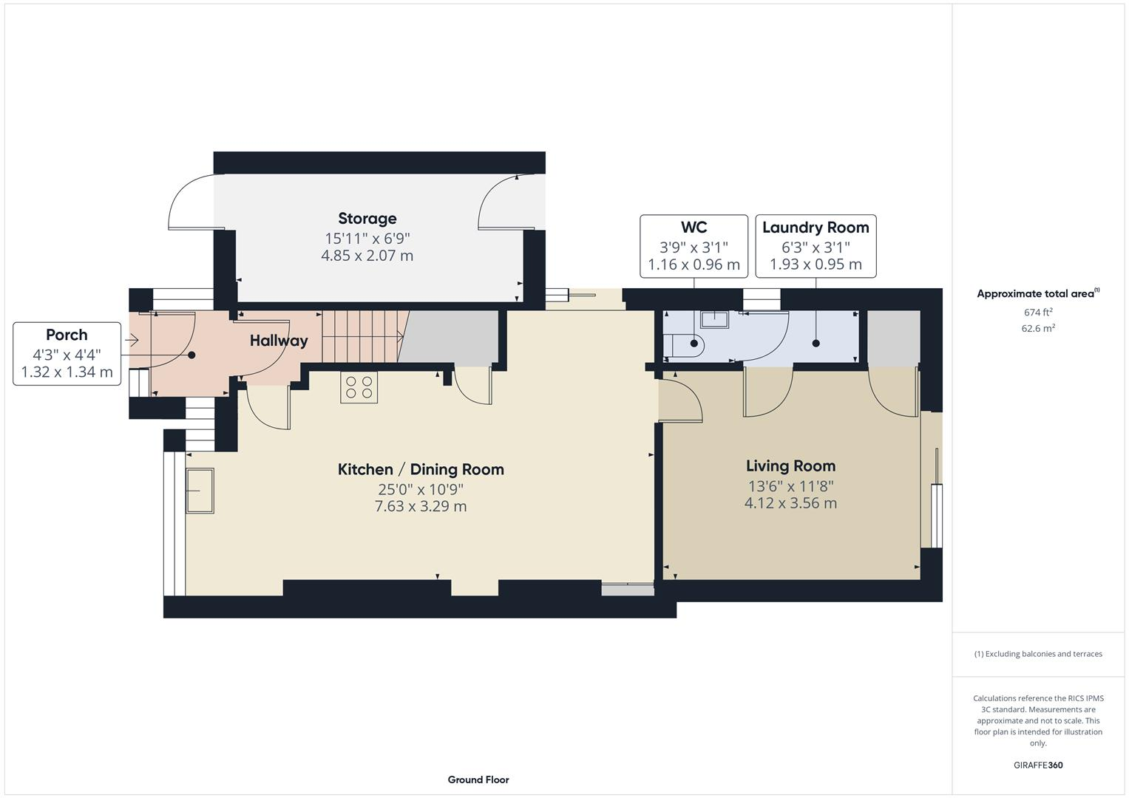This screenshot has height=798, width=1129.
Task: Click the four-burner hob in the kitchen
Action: [359, 387]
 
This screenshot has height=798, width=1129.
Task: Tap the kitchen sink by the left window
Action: [200, 491]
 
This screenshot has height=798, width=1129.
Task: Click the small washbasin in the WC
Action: [713, 319]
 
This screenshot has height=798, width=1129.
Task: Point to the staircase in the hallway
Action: [360, 336]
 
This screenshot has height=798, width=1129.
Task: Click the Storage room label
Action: [367, 219]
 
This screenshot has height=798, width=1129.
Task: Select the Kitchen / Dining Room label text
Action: [421, 469]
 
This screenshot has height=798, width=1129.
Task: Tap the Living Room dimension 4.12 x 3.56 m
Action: [790, 503]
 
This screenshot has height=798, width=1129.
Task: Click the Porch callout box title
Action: [67, 335]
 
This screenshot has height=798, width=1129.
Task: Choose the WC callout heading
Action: [694, 228]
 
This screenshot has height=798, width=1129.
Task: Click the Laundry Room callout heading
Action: [816, 228]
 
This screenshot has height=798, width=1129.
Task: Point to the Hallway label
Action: [278, 341]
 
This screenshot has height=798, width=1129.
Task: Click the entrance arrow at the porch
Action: [132, 341]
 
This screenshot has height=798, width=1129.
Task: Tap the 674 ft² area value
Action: [1038, 313]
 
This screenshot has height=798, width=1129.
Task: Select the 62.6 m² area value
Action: [1038, 329]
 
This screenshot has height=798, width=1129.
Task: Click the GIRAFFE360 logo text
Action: [1038, 765]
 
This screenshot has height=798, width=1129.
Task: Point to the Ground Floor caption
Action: [478, 780]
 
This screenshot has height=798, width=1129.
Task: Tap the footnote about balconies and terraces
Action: [1038, 654]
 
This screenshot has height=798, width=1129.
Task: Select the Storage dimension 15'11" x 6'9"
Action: [367, 238]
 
